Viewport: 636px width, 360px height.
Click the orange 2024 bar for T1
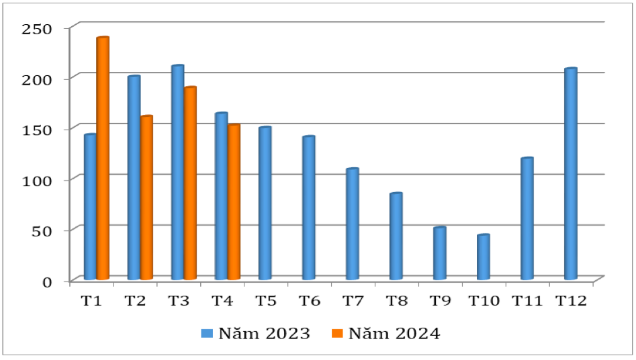pos(103,159)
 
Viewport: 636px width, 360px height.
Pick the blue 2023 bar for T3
pos(177,173)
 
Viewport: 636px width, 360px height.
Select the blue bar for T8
pos(396,236)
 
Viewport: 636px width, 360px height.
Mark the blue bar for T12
pos(570,174)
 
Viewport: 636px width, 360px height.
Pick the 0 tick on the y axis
pos(47,281)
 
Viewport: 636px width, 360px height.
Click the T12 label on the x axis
pos(571,302)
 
